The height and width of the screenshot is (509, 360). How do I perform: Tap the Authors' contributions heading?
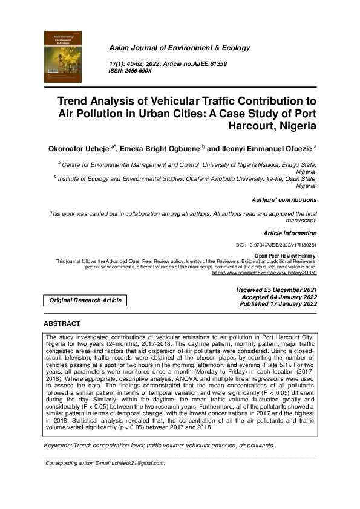pyautogui.click(x=284, y=199)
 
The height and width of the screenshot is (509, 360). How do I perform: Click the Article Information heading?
pyautogui.click(x=290, y=233)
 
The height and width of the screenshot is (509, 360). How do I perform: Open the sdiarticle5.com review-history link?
pyautogui.click(x=264, y=273)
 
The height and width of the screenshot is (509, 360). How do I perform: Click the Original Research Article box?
pyautogui.click(x=85, y=300)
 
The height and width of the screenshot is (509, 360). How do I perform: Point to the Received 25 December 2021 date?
pyautogui.click(x=277, y=290)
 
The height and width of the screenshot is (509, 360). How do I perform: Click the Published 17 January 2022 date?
pyautogui.click(x=279, y=304)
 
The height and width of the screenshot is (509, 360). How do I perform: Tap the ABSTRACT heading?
pyautogui.click(x=62, y=324)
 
